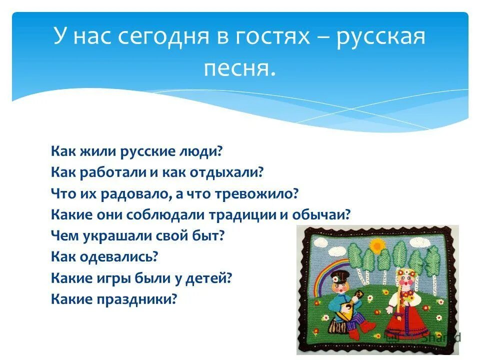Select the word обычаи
point(326,215)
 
